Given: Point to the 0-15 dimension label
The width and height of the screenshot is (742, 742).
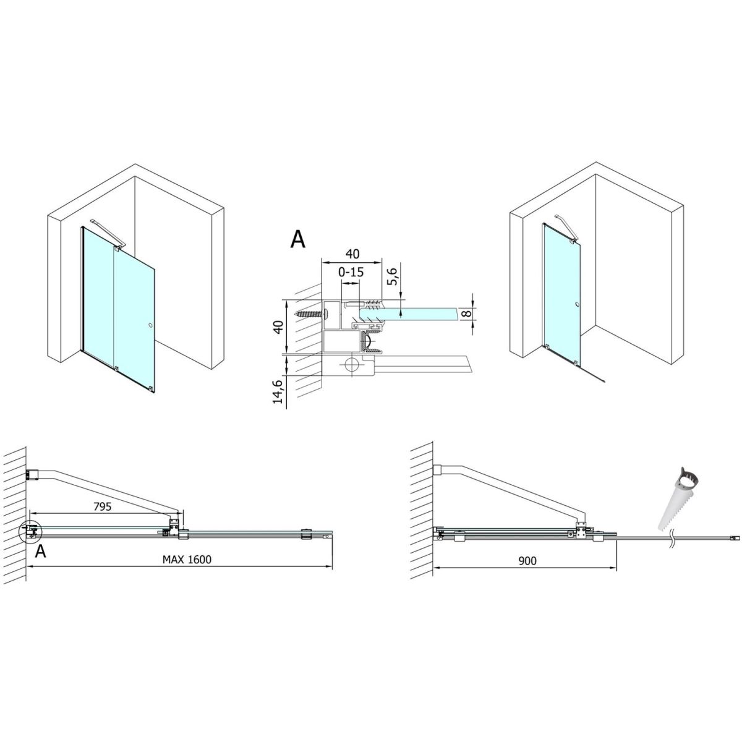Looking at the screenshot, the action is click(x=351, y=272).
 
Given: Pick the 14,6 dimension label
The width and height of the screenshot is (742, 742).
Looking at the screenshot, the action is click(x=278, y=391).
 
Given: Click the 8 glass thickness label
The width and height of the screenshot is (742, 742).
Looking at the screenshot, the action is click(x=466, y=313).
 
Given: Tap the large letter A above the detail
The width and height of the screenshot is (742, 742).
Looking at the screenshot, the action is click(x=297, y=239).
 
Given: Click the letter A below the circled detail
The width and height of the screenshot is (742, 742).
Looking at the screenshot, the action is click(x=40, y=552).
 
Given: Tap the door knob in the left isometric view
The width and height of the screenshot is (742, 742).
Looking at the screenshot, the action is click(x=150, y=326).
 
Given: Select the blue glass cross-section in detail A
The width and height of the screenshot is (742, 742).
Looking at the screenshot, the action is click(x=409, y=313).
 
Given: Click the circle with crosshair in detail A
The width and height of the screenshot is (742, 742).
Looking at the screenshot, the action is click(x=351, y=364).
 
